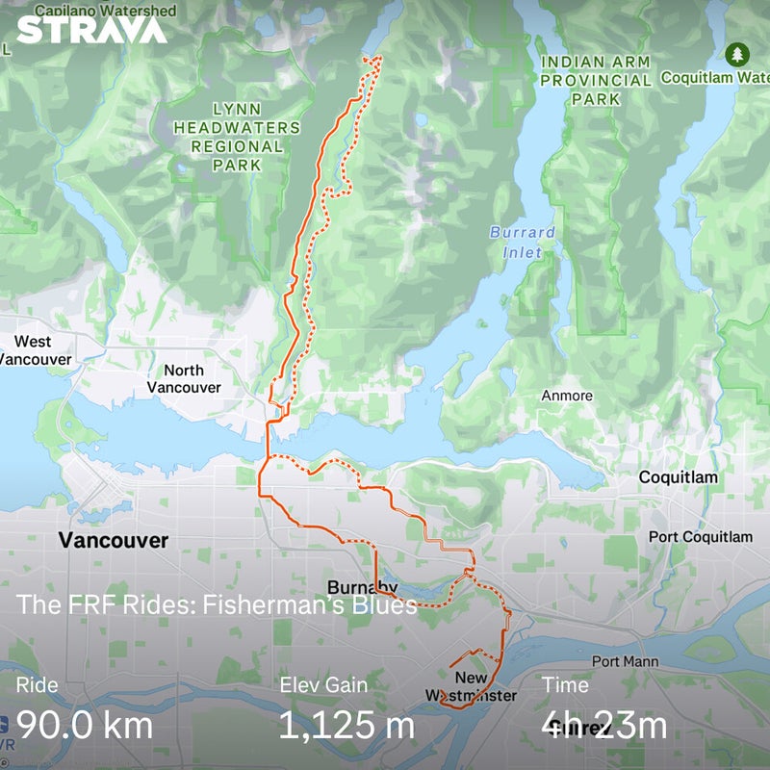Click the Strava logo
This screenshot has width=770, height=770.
[x=91, y=30]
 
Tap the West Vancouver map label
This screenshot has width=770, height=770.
[x=36, y=350]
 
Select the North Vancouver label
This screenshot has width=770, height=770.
[x=184, y=379]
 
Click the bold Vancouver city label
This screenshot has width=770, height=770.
[x=114, y=540]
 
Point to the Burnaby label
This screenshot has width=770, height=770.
[x=362, y=588]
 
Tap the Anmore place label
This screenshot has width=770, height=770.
[x=567, y=396]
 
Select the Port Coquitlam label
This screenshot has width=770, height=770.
[x=700, y=536]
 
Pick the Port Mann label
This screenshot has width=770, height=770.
[x=625, y=661]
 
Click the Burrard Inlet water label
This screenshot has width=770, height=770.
[x=523, y=242]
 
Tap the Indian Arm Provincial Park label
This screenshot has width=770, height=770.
[x=595, y=80]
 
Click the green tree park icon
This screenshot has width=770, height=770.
[x=737, y=53]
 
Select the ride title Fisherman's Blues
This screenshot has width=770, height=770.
[x=217, y=605]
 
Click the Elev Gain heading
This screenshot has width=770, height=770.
[x=323, y=685]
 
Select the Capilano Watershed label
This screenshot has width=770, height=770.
[x=106, y=11]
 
